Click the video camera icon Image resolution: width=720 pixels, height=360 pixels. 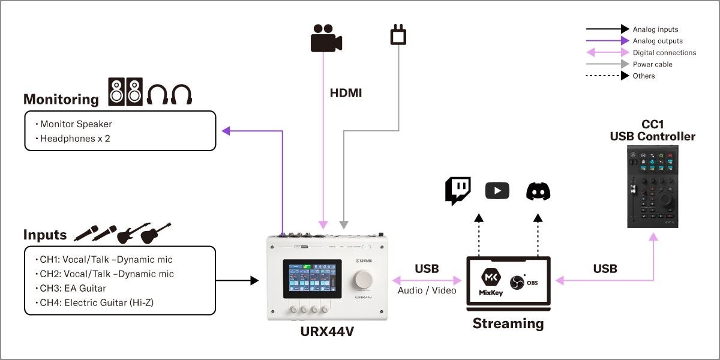point(326,39)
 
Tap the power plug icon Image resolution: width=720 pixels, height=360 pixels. point(398,35)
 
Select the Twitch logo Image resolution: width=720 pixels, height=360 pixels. point(458,191)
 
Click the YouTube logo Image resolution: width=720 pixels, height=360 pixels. point(497,191)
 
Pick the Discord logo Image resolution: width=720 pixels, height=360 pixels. point(538,191)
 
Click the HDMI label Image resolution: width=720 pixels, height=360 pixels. point(346,94)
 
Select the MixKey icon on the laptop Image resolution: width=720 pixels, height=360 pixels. point(490,280)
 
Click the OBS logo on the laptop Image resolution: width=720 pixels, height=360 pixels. point(517,283)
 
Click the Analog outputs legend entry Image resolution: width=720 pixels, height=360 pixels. point(657,41)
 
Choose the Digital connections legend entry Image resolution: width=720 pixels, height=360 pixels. point(664,53)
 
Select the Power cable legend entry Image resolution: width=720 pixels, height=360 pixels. point(652,64)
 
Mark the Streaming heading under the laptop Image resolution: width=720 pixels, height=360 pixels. point(508,323)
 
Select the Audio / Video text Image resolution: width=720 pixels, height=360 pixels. point(427,290)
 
